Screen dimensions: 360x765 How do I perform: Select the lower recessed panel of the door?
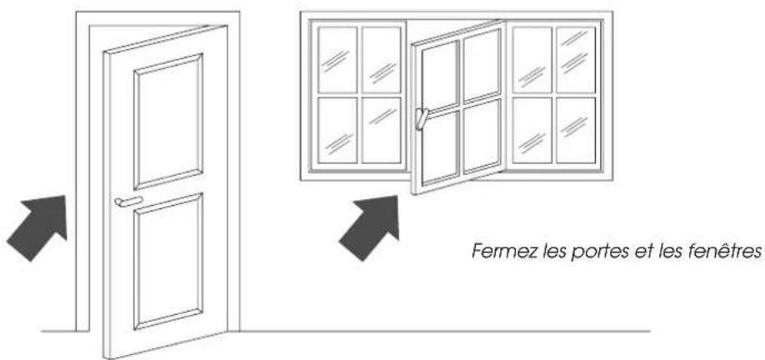pyautogui.click(x=168, y=262)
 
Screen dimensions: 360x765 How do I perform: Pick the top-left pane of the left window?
pyautogui.click(x=337, y=60)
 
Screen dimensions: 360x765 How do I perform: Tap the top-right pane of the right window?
pyautogui.click(x=575, y=59)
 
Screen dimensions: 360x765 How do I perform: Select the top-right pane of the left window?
pyautogui.click(x=381, y=60)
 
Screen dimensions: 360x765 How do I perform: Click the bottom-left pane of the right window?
pyautogui.click(x=532, y=131)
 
